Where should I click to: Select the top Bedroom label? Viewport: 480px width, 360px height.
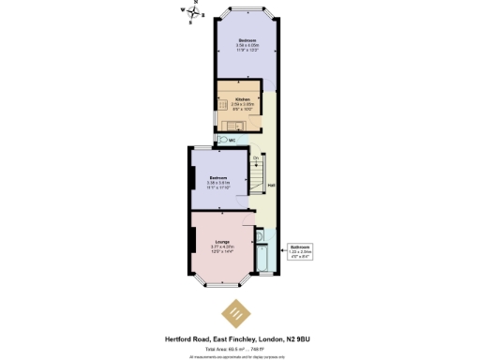pos(247,41)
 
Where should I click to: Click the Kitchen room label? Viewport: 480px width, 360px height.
pos(243,98)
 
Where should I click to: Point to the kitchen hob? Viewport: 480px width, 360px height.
pos(224,103)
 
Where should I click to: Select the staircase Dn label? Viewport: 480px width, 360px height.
pos(254,157)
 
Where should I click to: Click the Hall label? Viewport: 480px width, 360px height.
pos(271,185)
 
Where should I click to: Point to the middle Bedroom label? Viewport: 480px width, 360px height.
pos(217,177)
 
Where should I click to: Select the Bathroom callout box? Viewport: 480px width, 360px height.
pos(301,250)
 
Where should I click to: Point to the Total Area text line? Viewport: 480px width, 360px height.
pos(239,347)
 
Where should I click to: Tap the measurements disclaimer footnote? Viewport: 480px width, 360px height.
pos(239,355)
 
